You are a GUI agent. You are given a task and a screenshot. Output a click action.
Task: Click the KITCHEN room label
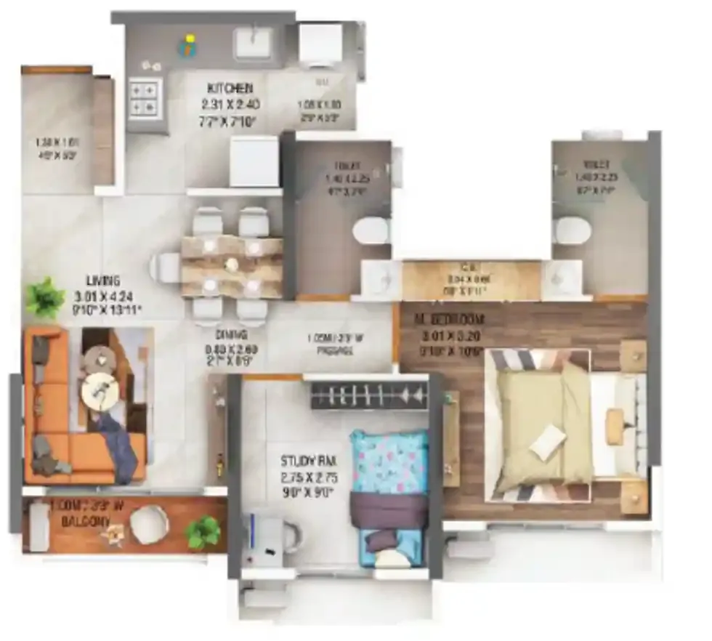[227, 89]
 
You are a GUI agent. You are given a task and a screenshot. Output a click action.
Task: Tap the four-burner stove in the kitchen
[144, 98]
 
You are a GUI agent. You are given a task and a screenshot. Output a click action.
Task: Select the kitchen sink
[252, 43]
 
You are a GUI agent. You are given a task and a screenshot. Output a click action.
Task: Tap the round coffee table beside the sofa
[97, 392]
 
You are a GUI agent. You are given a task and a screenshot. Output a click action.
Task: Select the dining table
[231, 265]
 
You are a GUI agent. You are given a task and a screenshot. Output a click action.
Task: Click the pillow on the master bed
[548, 442]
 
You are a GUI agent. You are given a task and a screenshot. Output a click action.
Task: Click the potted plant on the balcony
[202, 533]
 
